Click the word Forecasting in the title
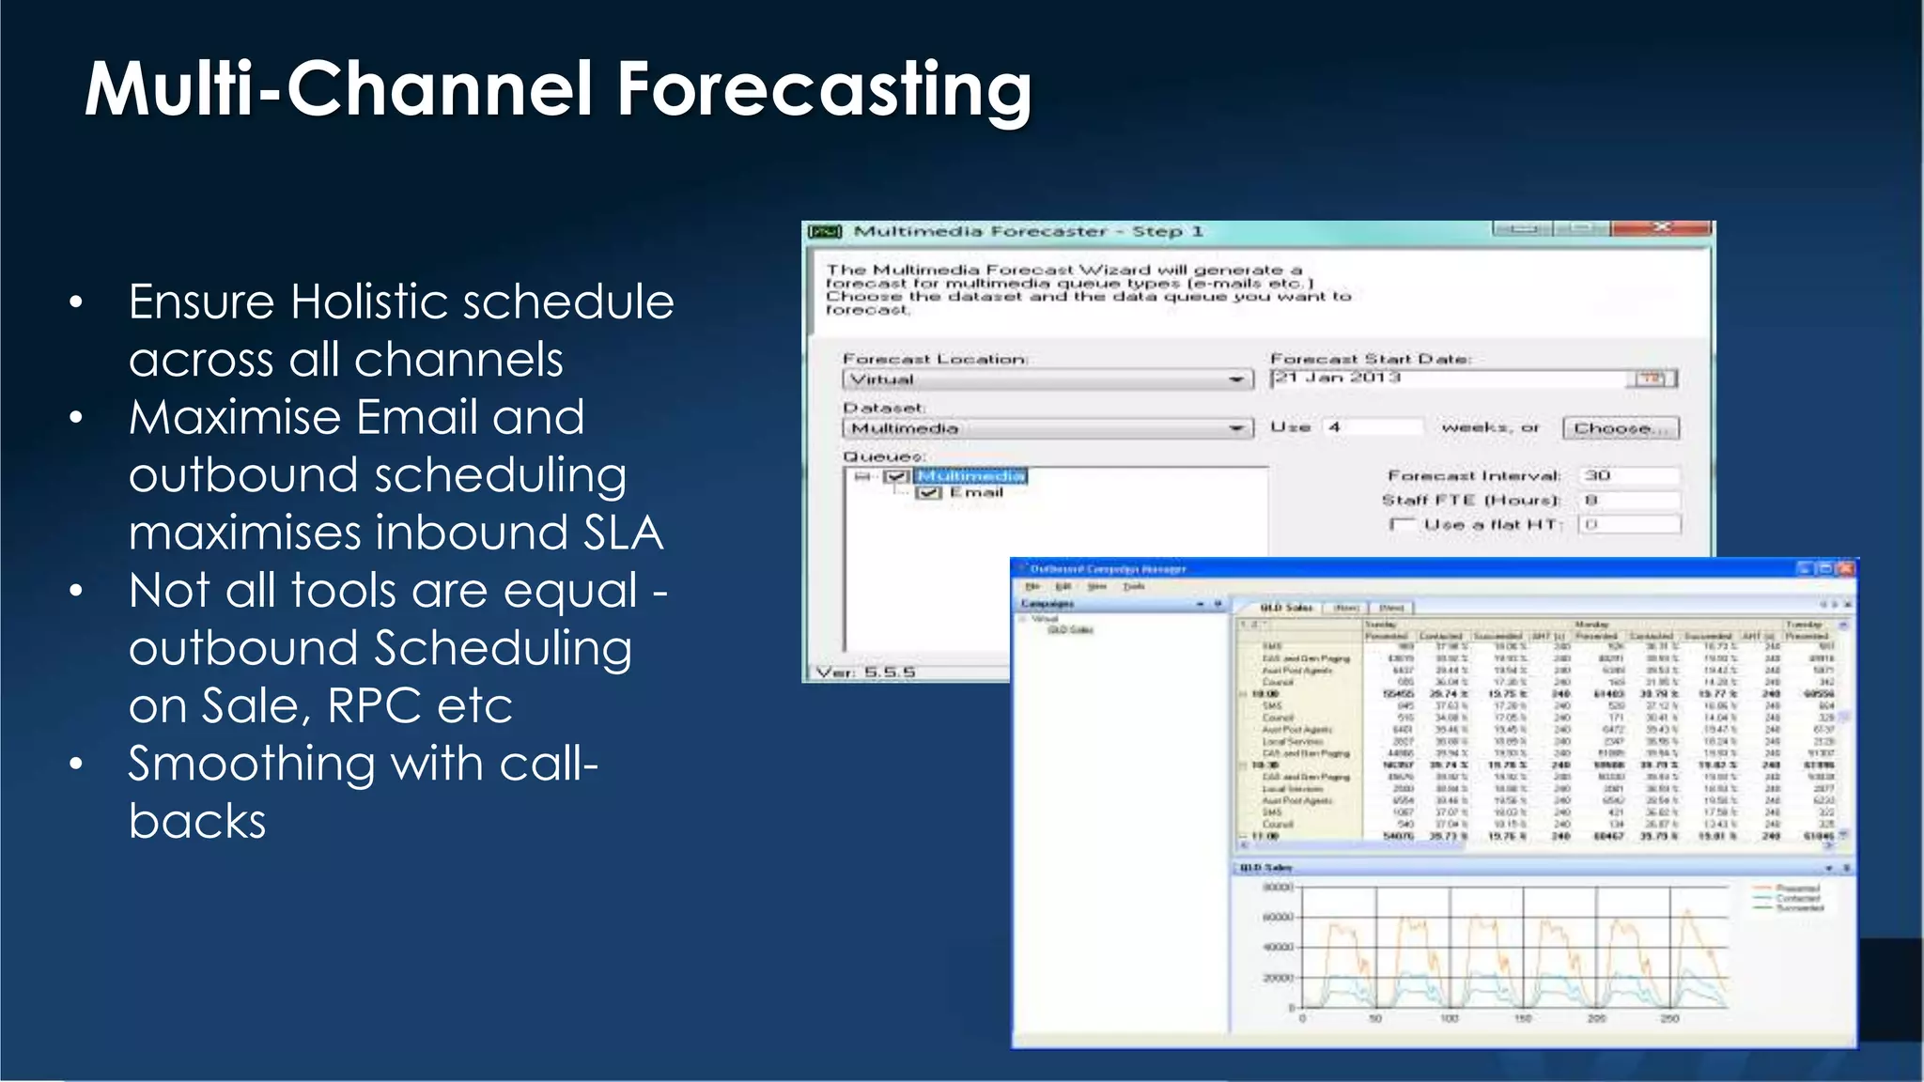(824, 89)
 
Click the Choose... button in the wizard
(1620, 428)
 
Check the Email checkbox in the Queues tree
(928, 493)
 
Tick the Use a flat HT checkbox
(1403, 524)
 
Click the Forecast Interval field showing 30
(1629, 475)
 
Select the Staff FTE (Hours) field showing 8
(1629, 500)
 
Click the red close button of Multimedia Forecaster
(1661, 228)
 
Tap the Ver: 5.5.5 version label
(865, 672)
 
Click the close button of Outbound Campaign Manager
(1845, 569)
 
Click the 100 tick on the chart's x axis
(1450, 1019)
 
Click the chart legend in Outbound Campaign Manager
(1789, 898)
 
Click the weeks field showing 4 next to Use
(1372, 427)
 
